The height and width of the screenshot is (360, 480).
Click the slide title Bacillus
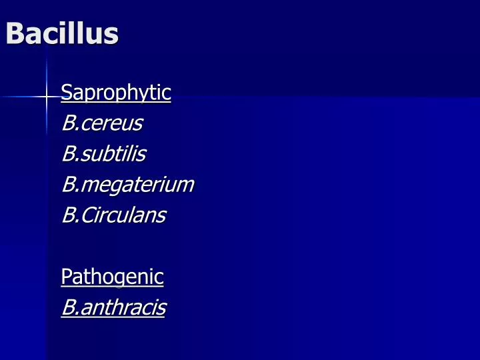click(x=61, y=33)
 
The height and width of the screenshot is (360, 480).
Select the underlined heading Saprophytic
click(x=115, y=93)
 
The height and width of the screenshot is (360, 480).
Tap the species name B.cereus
click(x=101, y=123)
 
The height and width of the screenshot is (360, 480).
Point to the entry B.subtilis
click(x=103, y=154)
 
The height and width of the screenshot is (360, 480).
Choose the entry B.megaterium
click(x=127, y=185)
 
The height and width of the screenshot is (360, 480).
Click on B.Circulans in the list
click(x=113, y=215)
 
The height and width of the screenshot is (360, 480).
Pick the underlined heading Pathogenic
click(x=112, y=276)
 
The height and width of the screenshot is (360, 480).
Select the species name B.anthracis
click(x=113, y=307)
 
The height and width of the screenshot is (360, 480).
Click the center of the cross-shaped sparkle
click(x=46, y=97)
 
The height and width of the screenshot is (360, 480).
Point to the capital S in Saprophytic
click(x=65, y=92)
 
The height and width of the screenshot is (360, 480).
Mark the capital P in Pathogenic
click(x=65, y=276)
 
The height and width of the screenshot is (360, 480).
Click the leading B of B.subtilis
click(x=67, y=154)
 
